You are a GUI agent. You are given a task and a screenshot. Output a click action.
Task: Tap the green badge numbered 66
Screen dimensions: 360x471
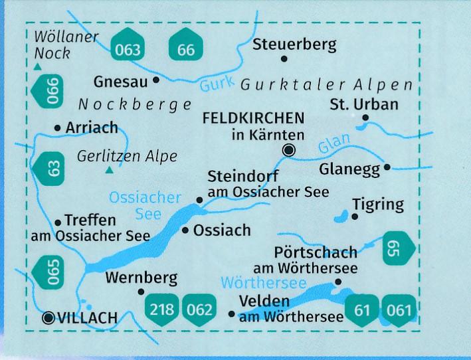pyautogui.click(x=186, y=46)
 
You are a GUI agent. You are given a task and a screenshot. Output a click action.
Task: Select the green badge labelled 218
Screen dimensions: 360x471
pyautogui.click(x=162, y=309)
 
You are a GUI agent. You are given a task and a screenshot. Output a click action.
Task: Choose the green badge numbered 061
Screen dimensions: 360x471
pyautogui.click(x=401, y=309)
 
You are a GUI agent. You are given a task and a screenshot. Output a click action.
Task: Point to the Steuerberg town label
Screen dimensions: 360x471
pyautogui.click(x=294, y=45)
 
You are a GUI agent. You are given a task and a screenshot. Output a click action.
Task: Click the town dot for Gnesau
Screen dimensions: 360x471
pyautogui.click(x=156, y=80)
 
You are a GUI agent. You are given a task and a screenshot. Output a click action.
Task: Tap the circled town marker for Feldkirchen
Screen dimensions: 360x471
pyautogui.click(x=288, y=150)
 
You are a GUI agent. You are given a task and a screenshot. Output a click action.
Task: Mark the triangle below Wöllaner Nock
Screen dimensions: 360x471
pyautogui.click(x=38, y=67)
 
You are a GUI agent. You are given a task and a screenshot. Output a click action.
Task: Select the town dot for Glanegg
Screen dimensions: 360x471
pyautogui.click(x=387, y=168)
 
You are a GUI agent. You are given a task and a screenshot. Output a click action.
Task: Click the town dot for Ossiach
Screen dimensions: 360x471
pyautogui.click(x=185, y=230)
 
